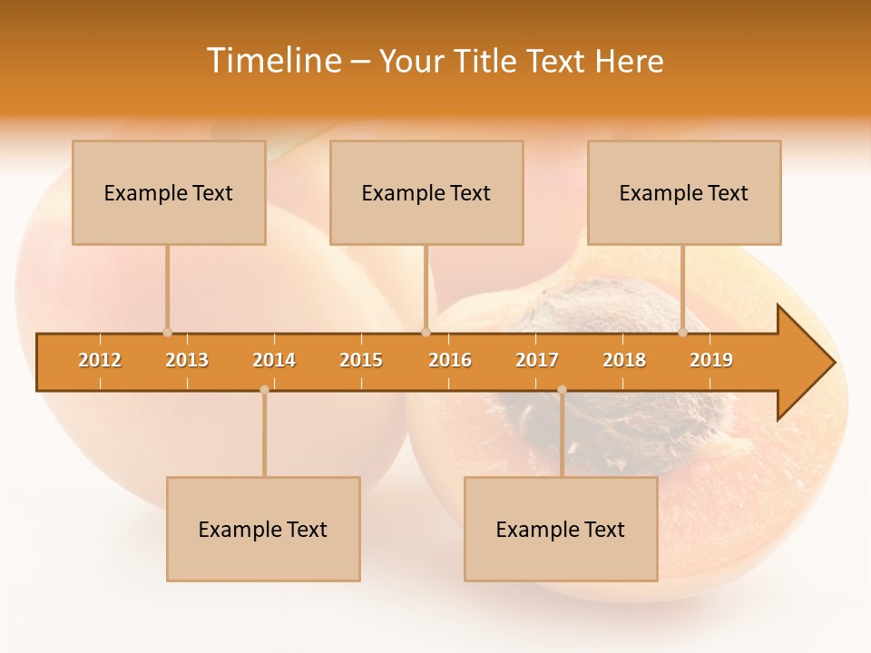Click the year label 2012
pyautogui.click(x=100, y=360)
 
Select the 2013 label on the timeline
pyautogui.click(x=187, y=360)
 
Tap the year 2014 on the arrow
pyautogui.click(x=274, y=360)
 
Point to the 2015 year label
pyautogui.click(x=361, y=360)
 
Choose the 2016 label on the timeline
pyautogui.click(x=450, y=360)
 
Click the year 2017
pyautogui.click(x=537, y=360)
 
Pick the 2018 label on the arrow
pyautogui.click(x=624, y=360)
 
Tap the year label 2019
pyautogui.click(x=711, y=360)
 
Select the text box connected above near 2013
pyautogui.click(x=169, y=192)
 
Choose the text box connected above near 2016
pyautogui.click(x=426, y=192)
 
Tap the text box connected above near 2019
pyautogui.click(x=684, y=192)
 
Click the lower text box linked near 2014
pyautogui.click(x=263, y=529)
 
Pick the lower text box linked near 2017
pyautogui.click(x=561, y=529)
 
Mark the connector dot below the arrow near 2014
pyautogui.click(x=264, y=390)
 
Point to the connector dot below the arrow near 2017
pyautogui.click(x=562, y=390)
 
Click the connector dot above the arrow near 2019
pyautogui.click(x=683, y=332)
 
